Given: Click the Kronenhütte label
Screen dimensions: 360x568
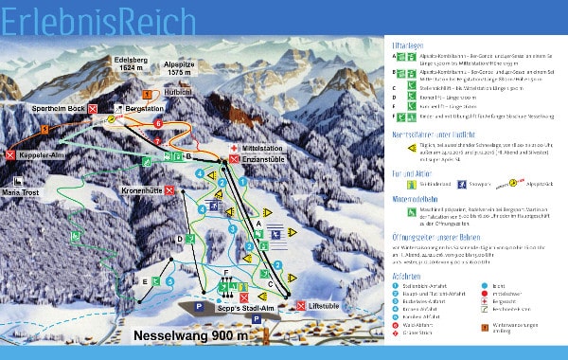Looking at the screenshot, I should pos(136,189).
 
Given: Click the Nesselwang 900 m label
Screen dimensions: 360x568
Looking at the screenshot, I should pos(191,334).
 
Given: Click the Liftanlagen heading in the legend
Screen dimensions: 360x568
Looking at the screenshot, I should pos(410,45).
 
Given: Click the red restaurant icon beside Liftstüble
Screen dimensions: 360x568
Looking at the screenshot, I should pos(301,304).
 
